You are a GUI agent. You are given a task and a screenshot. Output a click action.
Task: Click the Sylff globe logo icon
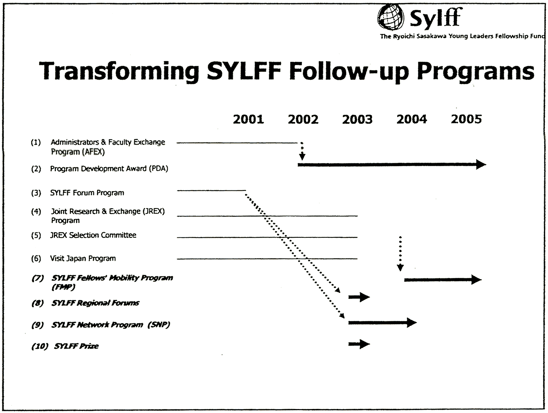pos(390,17)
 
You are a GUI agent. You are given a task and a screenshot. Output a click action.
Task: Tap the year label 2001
pos(249,119)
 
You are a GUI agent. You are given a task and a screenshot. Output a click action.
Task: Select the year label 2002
pos(303,119)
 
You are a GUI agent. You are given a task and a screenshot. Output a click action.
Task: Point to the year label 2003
pos(357,119)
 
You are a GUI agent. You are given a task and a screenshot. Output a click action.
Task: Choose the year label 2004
pos(412,119)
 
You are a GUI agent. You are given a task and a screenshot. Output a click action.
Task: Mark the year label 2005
pos(466,119)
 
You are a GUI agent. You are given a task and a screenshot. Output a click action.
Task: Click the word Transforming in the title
pos(119,72)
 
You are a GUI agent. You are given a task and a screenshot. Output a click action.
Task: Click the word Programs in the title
pos(475,72)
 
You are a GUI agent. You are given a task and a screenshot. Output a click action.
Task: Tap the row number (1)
pos(36,142)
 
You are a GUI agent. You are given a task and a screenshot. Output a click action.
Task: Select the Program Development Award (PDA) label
pos(109,169)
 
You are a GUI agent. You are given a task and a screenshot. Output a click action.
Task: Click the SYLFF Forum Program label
pos(87,193)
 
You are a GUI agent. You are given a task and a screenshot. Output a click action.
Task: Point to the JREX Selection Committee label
pos(93,235)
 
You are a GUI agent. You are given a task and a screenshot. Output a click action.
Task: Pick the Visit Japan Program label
pos(83,258)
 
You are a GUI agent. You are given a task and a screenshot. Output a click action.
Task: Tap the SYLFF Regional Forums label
pos(95,303)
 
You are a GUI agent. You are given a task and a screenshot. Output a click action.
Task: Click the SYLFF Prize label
pos(76,346)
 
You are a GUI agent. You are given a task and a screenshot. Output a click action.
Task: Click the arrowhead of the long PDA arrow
pos(481,164)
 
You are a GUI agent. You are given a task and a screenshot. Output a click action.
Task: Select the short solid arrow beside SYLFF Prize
pos(359,344)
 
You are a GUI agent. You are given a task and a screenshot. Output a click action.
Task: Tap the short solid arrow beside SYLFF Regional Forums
pos(359,297)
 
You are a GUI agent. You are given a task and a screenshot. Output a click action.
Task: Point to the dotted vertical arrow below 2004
pos(400,253)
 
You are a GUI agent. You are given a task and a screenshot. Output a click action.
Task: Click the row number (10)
pos(40,346)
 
